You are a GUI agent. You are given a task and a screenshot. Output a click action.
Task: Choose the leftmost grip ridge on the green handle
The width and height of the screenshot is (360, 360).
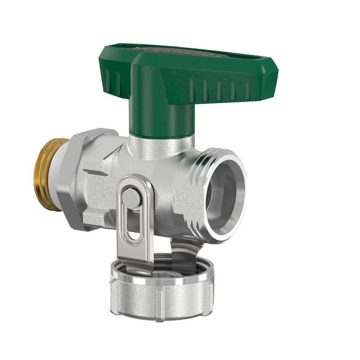point(105,78)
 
